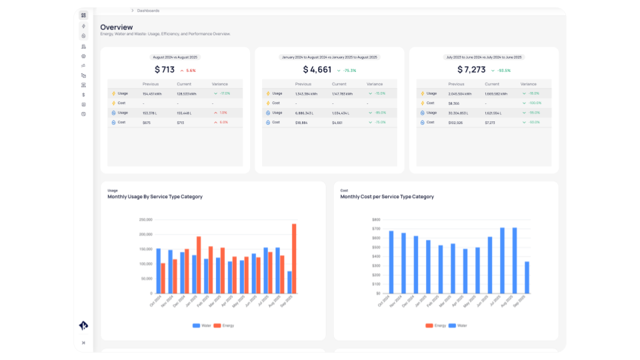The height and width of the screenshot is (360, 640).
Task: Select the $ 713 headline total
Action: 165,69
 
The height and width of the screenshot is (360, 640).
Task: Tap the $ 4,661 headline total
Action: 317,69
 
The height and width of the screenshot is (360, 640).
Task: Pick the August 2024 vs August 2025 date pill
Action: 175,57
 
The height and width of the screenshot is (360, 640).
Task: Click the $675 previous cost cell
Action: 147,122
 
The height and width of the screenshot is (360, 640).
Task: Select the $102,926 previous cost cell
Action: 456,122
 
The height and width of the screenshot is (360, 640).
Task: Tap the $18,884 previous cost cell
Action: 302,122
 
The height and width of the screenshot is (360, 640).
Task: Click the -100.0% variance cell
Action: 534,103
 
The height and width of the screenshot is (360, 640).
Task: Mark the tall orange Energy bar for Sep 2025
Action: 294,259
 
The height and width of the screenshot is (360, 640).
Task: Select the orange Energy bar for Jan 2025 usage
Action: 199,265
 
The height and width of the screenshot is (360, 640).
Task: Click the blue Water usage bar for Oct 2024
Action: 158,271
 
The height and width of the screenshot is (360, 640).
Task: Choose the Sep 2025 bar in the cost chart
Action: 527,277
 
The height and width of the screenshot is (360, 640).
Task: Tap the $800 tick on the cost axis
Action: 376,219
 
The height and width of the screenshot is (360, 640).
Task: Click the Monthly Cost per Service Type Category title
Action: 387,197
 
